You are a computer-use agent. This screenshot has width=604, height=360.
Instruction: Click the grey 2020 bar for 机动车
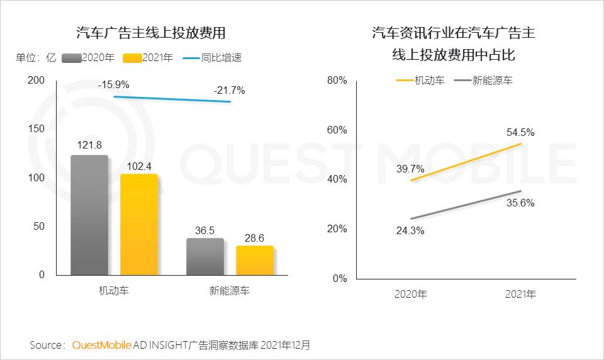pos(89,215)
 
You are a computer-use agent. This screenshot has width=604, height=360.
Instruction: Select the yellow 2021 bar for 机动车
pos(138,224)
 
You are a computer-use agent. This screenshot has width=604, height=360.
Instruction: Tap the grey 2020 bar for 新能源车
pos(205,256)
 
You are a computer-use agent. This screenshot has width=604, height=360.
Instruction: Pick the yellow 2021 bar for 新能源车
pos(255,260)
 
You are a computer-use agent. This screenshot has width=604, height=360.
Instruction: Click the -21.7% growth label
pos(229,91)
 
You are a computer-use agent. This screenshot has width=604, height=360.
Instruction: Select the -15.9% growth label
pos(114,84)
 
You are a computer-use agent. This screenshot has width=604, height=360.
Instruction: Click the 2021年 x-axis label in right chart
pos(520,294)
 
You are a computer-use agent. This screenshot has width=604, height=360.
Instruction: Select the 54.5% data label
pos(520,133)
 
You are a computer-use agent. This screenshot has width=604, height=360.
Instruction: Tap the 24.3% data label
pos(409,230)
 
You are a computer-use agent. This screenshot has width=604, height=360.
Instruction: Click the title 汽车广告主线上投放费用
pos(150,33)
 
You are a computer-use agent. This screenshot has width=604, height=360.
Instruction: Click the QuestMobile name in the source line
pos(102,345)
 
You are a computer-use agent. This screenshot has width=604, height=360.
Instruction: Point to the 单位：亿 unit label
pos(36,58)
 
